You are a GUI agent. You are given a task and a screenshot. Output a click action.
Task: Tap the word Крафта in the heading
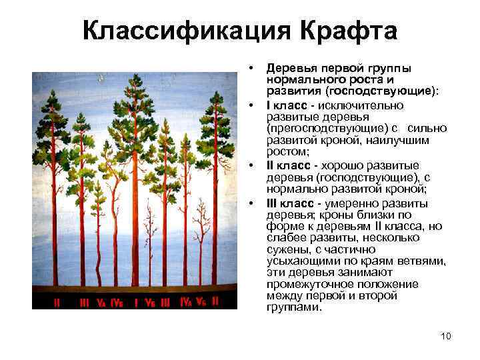tap(349, 31)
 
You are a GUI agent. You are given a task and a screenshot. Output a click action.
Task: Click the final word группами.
tap(293, 309)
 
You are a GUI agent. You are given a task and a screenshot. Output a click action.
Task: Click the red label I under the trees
tap(136, 302)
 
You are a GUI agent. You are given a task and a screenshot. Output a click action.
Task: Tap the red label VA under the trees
tap(101, 302)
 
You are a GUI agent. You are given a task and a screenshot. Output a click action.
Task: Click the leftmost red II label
tap(57, 302)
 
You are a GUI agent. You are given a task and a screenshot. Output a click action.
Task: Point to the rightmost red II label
tap(215, 301)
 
